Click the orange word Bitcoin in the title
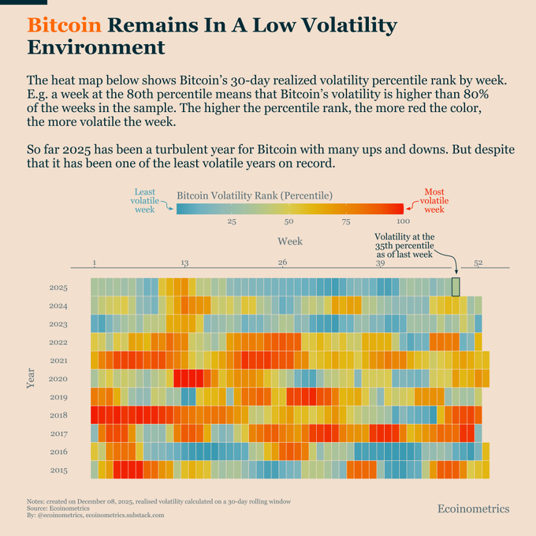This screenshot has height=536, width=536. pos(64,25)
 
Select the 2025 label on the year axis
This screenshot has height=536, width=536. pos(58,288)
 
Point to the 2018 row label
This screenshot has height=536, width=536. pos(58,415)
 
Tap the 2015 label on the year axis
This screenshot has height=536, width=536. pos(58,471)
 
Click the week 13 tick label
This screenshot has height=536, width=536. pos(184,262)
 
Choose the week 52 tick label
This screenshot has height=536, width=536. pos(478,262)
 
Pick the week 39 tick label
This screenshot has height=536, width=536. pos(380,262)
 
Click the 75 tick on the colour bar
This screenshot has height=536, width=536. pos(346,221)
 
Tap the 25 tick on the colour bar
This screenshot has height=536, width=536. pos(232,221)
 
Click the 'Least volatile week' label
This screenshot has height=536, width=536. pos(144,200)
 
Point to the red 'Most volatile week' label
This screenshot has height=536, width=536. pos(434,200)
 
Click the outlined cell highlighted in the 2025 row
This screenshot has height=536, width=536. pos(455,287)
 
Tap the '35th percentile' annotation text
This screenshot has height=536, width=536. pos(404,245)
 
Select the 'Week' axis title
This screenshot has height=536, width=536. pos(289,240)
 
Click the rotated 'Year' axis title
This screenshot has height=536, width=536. pos(30,379)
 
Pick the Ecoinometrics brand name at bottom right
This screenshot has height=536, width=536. pos(473,509)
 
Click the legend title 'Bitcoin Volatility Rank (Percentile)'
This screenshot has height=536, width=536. pos(255,195)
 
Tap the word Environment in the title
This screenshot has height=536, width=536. pos(96,47)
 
